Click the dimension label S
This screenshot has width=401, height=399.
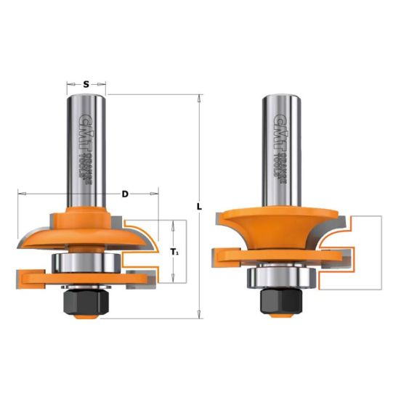(86, 84)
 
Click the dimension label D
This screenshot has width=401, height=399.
(125, 194)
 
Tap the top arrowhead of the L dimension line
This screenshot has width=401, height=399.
(200, 97)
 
